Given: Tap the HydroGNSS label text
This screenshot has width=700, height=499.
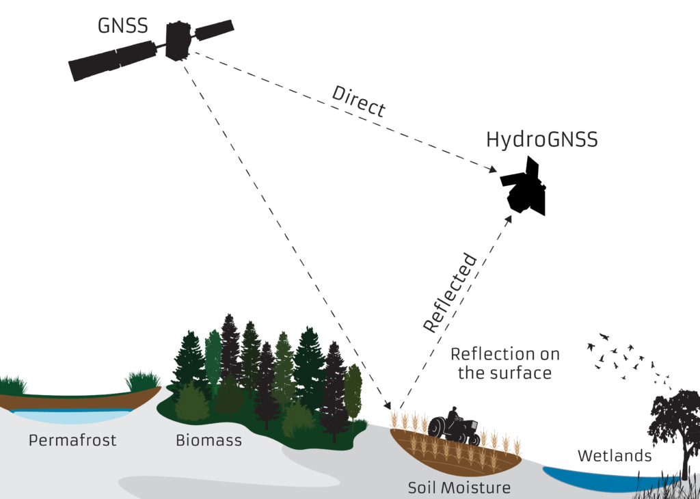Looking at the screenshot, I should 541,140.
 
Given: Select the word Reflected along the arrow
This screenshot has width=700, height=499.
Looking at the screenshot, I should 449,293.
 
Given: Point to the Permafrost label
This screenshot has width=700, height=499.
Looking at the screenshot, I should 72,440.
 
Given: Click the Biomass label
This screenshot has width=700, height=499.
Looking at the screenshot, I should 208,440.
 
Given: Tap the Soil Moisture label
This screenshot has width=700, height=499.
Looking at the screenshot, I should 459,488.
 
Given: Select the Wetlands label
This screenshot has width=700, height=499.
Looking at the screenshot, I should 615,455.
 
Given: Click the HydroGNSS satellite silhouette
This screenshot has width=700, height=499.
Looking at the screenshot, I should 525,188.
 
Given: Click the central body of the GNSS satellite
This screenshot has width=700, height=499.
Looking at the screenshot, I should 178,41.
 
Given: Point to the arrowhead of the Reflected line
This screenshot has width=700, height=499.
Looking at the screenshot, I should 509,218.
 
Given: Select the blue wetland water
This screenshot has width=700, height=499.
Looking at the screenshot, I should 602,478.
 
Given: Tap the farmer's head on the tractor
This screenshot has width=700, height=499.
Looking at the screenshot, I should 452,412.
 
